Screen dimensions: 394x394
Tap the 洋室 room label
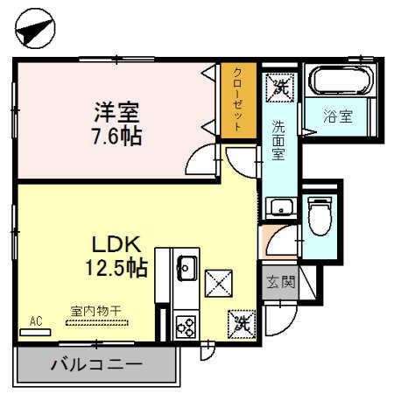pyautogui.click(x=118, y=112)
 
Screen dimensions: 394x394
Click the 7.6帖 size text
pyautogui.click(x=118, y=136)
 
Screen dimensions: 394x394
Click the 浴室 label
pyautogui.click(x=340, y=116)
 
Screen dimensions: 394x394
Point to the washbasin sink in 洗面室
pyautogui.click(x=281, y=208)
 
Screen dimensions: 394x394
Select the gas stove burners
pyautogui.click(x=186, y=326)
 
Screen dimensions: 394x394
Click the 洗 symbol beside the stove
pyautogui.click(x=243, y=324)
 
